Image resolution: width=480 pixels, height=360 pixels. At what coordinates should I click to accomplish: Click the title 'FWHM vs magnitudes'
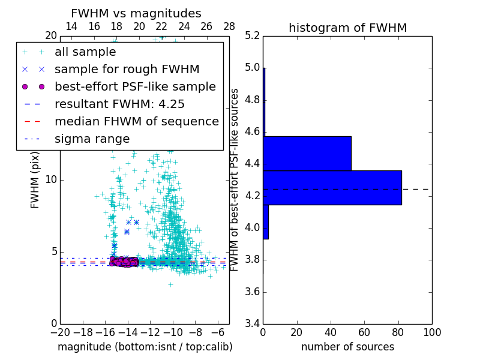click(x=136, y=13)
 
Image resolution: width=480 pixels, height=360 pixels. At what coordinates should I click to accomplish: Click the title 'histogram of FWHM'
click(x=347, y=28)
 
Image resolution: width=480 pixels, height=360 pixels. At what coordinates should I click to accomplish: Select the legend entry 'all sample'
click(x=85, y=52)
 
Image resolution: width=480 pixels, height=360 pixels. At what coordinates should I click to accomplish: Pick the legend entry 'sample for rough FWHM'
click(x=127, y=69)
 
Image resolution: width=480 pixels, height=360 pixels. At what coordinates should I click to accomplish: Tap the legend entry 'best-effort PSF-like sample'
click(x=135, y=86)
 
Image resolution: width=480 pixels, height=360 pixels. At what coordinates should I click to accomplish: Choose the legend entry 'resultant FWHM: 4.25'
click(x=119, y=104)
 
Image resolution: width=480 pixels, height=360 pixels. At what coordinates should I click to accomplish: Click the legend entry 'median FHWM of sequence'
click(x=136, y=121)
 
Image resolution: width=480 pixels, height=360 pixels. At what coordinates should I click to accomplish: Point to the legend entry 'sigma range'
click(x=92, y=139)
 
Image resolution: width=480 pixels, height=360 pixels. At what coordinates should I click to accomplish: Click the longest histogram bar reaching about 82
click(x=332, y=187)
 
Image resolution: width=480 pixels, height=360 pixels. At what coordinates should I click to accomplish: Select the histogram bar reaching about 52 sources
click(x=307, y=153)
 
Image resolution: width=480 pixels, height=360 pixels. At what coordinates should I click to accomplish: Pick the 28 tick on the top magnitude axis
click(x=229, y=26)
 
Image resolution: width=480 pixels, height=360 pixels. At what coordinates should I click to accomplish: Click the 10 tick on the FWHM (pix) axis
click(x=52, y=180)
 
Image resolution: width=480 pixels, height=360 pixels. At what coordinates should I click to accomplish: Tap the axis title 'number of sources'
click(x=347, y=347)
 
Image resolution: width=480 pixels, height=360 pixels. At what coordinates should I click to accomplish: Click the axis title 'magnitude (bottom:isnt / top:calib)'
click(x=145, y=347)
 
